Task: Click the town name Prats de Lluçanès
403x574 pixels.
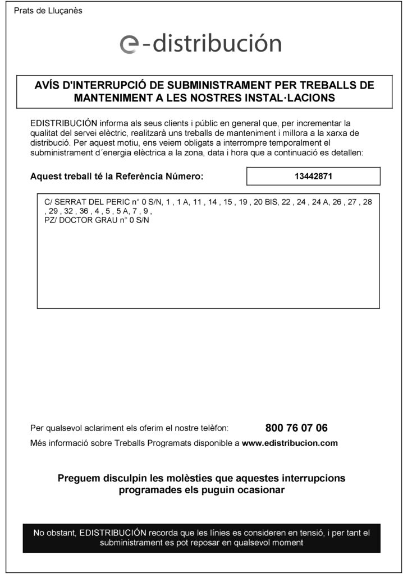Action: [48, 11]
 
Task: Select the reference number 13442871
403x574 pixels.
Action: [313, 176]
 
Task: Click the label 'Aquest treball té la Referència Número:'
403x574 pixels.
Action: [117, 177]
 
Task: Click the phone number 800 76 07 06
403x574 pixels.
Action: [296, 428]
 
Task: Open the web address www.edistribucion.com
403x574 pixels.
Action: [290, 443]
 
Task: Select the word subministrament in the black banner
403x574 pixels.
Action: [129, 543]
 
